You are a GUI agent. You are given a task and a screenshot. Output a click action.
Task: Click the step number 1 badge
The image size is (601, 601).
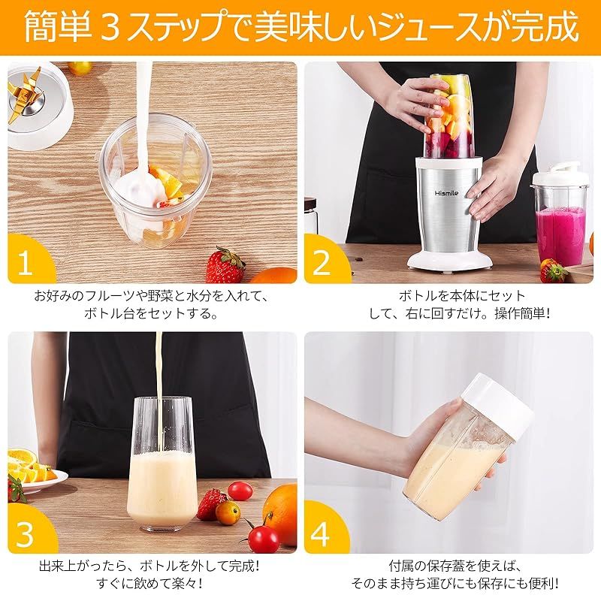coord(27,261)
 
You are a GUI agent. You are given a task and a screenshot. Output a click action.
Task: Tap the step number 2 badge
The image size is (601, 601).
coord(323,261)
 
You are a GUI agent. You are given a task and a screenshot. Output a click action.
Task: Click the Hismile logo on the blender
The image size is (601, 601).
coord(446,193)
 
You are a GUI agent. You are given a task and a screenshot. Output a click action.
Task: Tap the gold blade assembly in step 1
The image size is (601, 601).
coord(25,94)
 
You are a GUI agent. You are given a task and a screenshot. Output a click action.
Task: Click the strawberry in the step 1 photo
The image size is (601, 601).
coord(225,265)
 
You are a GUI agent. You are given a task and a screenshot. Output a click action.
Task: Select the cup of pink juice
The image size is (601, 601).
coord(560,216)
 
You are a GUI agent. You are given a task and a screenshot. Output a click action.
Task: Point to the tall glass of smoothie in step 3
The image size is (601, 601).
coord(160,464)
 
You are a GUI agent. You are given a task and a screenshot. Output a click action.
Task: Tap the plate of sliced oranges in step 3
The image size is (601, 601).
coord(32,472)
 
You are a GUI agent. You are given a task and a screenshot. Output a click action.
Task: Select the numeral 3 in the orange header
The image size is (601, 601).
coord(110,28)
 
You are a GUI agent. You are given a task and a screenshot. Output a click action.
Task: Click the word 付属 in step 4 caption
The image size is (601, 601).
coord(401,566)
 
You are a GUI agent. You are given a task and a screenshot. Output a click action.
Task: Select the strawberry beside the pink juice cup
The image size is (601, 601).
coord(553,271)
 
